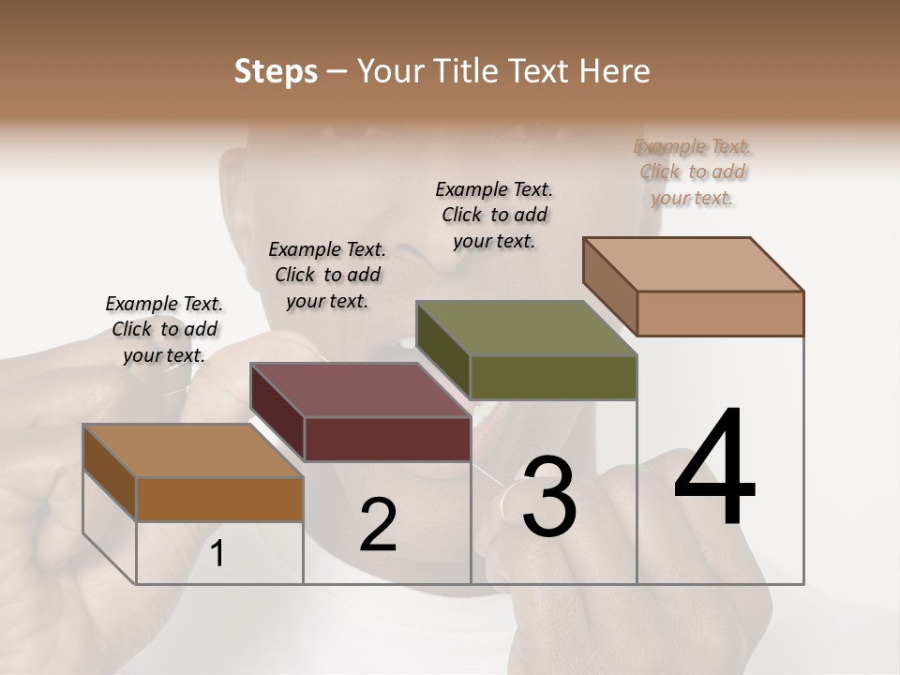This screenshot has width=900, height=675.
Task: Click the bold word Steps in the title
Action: pos(276,71)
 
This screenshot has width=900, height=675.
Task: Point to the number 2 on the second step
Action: pos(378,525)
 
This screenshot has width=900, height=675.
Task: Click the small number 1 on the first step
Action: pos(217,554)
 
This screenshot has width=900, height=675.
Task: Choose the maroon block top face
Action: pos(359,390)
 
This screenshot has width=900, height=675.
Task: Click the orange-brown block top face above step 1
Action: pos(192,451)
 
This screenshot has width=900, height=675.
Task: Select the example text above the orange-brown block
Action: pos(164,329)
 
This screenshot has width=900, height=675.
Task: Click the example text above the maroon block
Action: pos(327,275)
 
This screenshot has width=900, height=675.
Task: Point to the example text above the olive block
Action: pos(494,215)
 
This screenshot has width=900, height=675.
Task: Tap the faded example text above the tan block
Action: pos(693,172)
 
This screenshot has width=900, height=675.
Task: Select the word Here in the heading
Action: pos(618,71)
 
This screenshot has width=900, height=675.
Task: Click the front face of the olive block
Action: pos(553,378)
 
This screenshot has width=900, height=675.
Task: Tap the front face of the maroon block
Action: pos(387,439)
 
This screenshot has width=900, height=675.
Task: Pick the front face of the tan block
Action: pos(720,313)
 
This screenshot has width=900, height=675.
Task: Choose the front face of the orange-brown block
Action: pos(219,499)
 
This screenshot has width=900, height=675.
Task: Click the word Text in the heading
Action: pos(543,71)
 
